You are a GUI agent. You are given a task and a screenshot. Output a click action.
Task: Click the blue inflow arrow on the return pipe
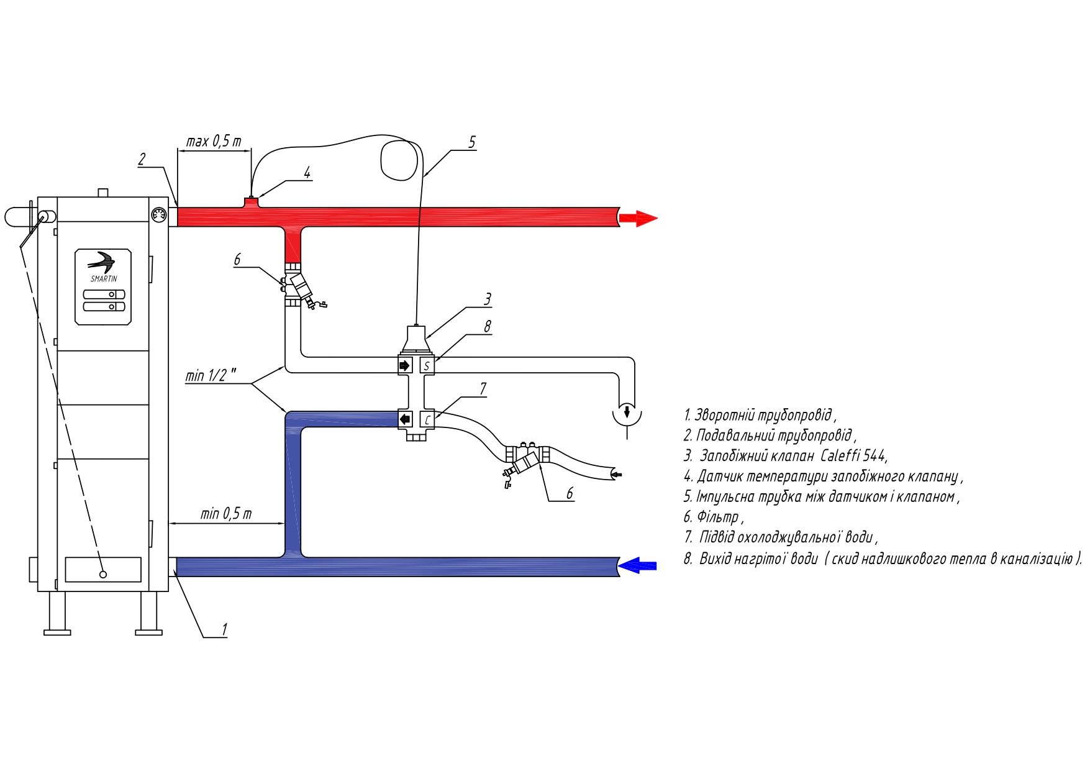(637, 565)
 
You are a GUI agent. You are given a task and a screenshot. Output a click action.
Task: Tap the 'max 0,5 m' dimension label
(214, 141)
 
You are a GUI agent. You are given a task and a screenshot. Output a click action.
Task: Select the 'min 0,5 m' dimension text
(226, 514)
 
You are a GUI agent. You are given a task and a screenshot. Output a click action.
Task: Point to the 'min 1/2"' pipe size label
(211, 375)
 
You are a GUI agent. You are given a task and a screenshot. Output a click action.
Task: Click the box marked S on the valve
(427, 365)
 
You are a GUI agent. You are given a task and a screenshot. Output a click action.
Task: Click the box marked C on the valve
(427, 419)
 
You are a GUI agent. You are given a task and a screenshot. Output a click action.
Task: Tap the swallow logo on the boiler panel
(102, 262)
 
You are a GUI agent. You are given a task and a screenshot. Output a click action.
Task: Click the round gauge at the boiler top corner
(159, 215)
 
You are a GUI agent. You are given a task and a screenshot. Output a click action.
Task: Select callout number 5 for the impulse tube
(472, 142)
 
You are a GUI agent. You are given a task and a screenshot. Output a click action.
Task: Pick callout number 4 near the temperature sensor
(307, 173)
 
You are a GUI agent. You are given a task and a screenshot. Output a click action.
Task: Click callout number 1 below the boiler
(224, 629)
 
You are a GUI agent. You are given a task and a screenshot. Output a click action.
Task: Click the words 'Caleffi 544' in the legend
(853, 456)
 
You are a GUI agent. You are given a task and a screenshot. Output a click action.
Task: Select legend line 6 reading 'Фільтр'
(714, 517)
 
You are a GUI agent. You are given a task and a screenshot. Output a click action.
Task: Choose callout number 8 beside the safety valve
(488, 326)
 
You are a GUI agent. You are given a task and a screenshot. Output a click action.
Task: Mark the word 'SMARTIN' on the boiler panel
(104, 279)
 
